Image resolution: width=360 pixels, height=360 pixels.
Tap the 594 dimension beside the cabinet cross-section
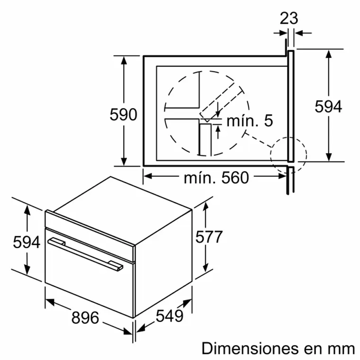click(x=328, y=107)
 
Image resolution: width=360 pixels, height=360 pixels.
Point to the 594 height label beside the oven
click(x=27, y=242)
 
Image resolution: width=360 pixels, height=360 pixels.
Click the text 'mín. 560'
click(x=216, y=178)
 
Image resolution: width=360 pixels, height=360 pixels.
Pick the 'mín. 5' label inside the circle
click(x=250, y=121)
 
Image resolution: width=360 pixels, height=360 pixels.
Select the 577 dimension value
click(x=209, y=236)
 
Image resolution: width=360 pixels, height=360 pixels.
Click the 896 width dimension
click(x=85, y=317)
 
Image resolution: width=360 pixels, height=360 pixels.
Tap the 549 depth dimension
click(x=170, y=315)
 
